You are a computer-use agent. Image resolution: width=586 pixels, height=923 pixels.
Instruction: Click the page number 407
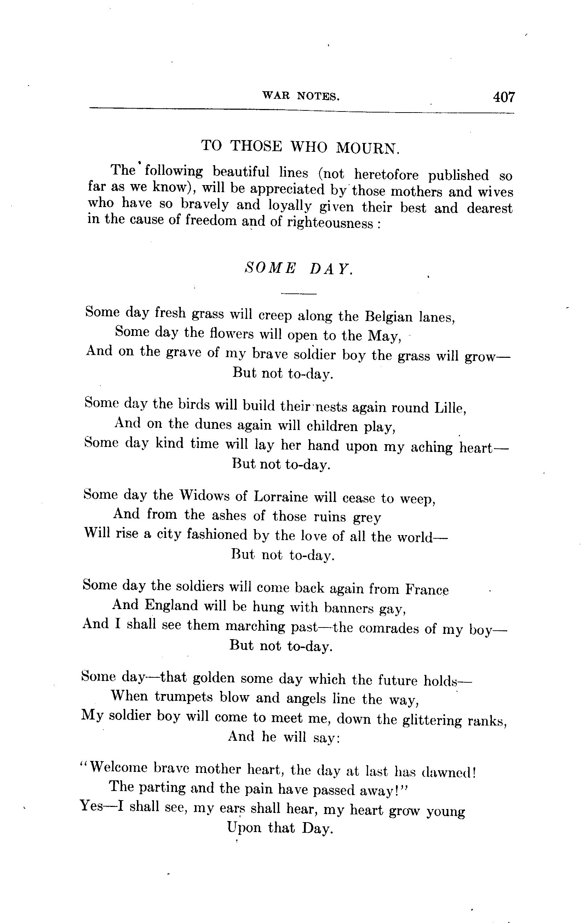504,97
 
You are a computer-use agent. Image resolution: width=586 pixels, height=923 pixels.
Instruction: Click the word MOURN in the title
368,148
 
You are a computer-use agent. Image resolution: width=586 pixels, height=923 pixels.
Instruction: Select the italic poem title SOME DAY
298,268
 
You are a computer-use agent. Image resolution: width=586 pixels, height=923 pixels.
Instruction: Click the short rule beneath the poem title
299,294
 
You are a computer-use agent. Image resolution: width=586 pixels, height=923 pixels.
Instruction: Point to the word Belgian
389,317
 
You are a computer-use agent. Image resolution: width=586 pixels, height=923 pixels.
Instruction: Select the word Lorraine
281,497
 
